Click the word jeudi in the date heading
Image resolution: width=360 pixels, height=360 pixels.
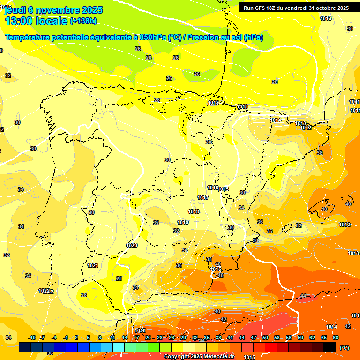(15, 9)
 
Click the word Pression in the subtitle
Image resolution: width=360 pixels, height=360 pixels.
(206, 37)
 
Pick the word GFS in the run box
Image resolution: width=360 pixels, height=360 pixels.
(262, 7)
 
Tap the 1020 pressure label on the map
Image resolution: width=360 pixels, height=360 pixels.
(132, 245)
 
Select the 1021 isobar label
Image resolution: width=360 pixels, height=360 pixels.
(93, 265)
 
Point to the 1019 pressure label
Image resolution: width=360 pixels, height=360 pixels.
(183, 222)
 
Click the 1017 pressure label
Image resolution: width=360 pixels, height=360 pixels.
(203, 197)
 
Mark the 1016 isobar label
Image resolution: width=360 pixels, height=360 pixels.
(212, 187)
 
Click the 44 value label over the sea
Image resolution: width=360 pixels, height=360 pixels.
(303, 296)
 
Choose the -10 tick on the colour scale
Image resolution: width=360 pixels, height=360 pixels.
(32, 337)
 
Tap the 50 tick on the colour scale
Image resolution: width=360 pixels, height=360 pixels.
(265, 337)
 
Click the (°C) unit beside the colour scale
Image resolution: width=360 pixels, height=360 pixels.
(344, 347)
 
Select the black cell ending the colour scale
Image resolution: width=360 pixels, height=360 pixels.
(330, 347)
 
